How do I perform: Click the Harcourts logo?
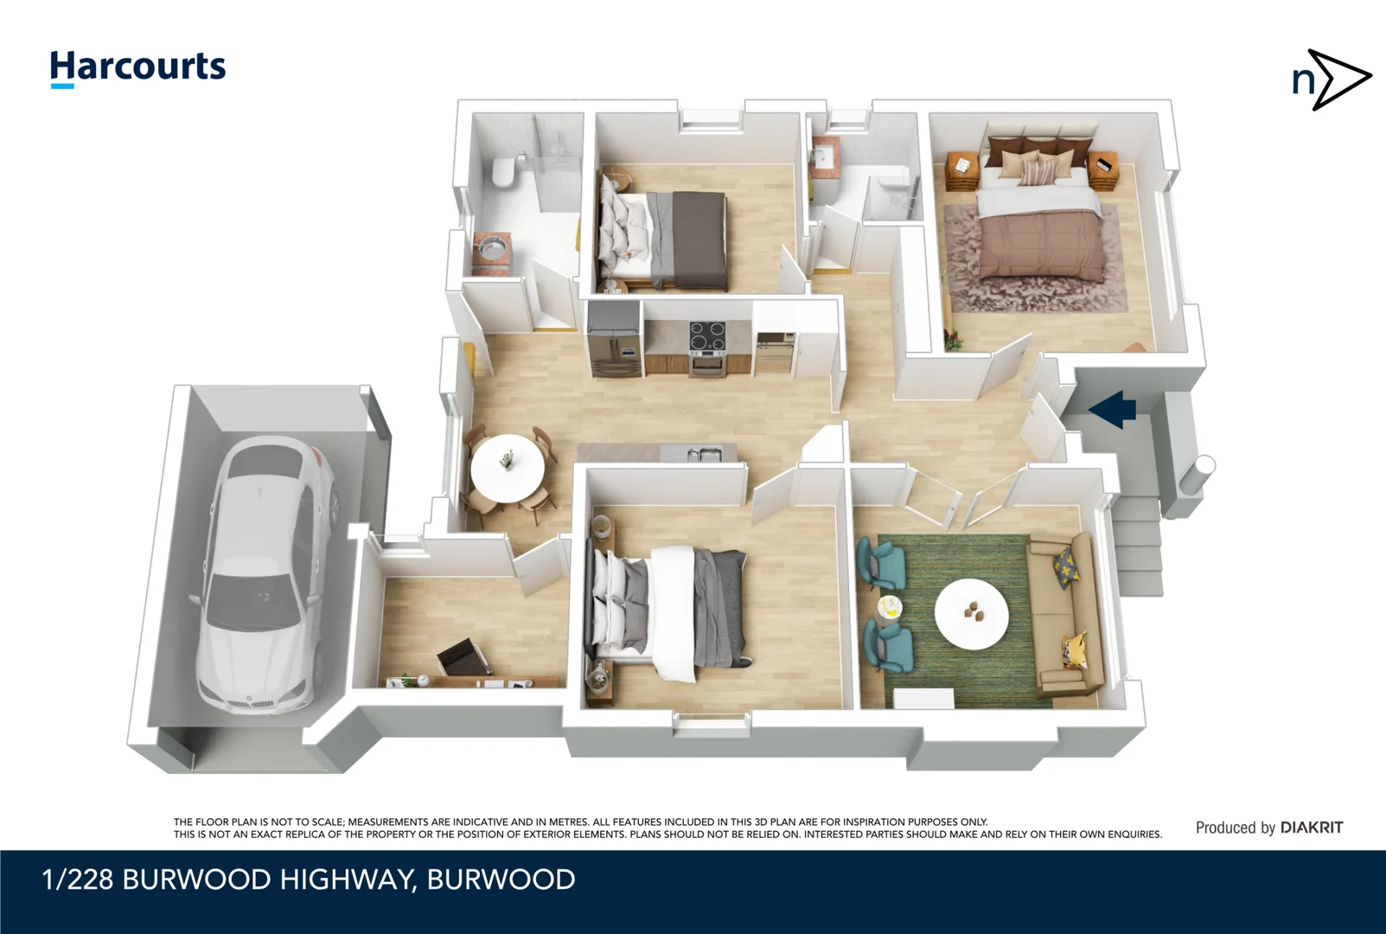(137, 67)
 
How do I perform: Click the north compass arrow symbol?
(1332, 80)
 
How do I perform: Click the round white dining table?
(508, 466)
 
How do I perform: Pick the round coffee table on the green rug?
(972, 613)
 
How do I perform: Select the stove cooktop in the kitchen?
(706, 333)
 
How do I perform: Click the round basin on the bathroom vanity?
(491, 246)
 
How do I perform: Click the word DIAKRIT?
(1312, 828)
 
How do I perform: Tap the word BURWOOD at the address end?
(501, 880)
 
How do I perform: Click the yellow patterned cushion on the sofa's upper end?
(1066, 567)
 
